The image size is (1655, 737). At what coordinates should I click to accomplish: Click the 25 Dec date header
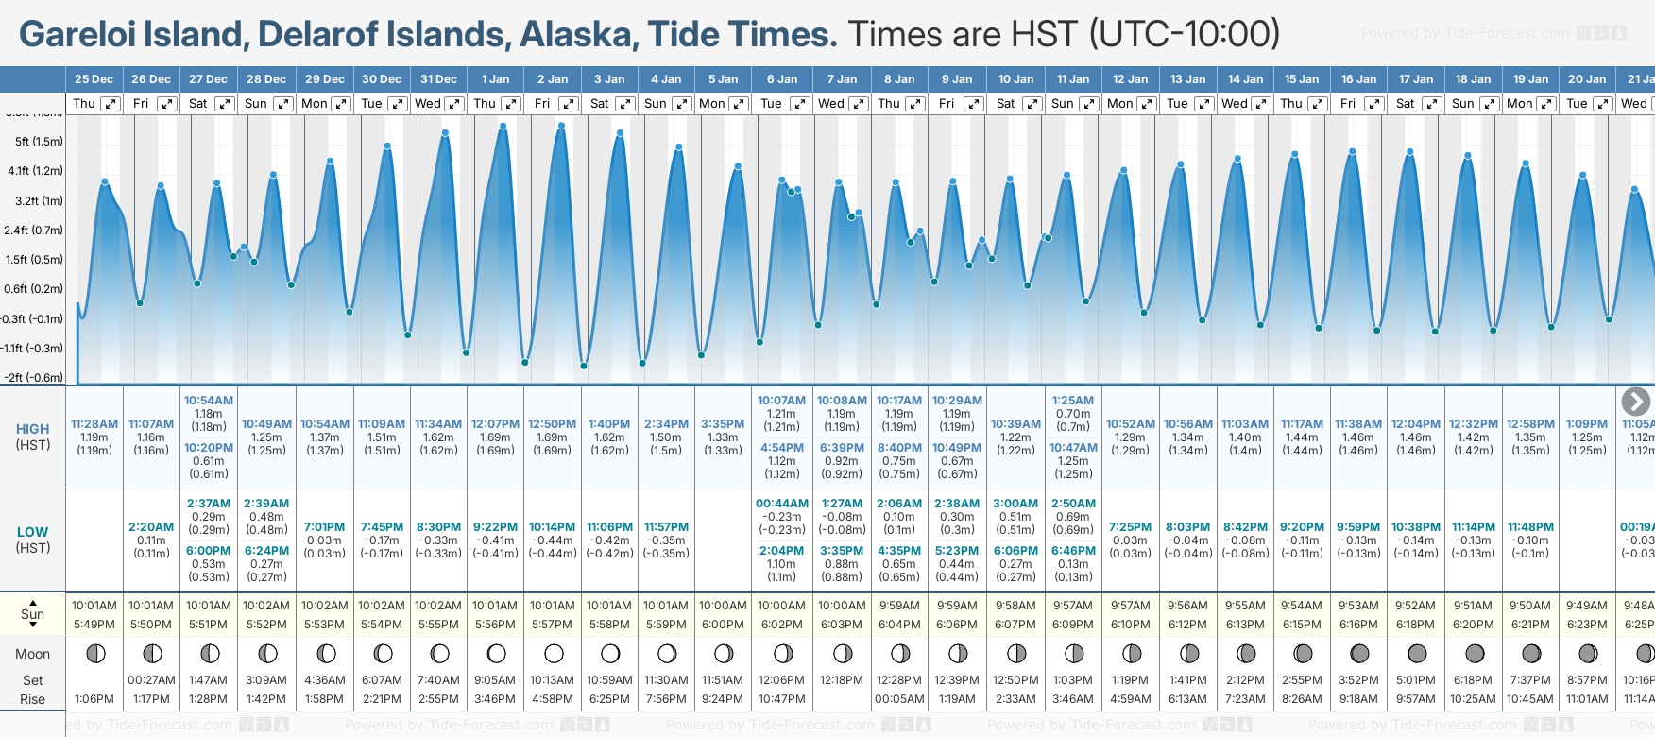click(x=94, y=79)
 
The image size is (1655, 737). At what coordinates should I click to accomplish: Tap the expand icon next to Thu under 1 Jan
click(x=511, y=104)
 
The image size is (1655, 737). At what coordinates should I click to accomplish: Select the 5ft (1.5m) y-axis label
click(x=39, y=142)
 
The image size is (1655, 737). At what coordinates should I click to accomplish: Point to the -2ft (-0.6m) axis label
click(x=34, y=377)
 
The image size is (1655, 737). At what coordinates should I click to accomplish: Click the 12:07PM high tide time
click(x=495, y=424)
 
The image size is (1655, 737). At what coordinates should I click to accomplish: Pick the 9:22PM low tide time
click(x=495, y=527)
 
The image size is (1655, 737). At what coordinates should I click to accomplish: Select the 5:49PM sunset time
click(x=94, y=625)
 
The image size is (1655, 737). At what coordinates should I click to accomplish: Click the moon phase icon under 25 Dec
click(x=94, y=653)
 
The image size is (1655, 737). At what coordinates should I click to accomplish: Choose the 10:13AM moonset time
click(x=552, y=680)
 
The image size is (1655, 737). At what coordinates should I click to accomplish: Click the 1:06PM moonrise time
click(x=94, y=699)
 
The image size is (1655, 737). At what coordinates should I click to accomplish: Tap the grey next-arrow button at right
click(x=1635, y=402)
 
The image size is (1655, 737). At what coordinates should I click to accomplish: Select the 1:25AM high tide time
click(x=1073, y=401)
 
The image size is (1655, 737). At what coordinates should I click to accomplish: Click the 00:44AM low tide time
click(x=782, y=504)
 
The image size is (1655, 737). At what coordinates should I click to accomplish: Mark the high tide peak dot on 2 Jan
click(x=562, y=125)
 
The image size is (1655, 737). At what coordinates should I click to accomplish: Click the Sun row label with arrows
click(x=33, y=614)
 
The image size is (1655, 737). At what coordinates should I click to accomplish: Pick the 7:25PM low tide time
click(x=1130, y=527)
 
